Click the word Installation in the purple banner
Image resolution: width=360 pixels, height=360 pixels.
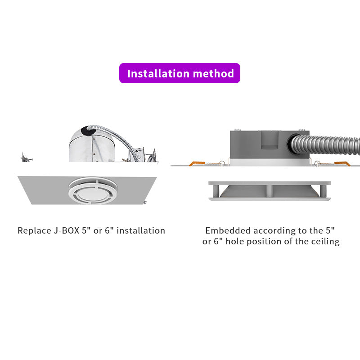coord(158,73)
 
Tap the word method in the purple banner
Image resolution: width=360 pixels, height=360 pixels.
coord(213,73)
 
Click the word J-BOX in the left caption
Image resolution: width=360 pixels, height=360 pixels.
coord(67,230)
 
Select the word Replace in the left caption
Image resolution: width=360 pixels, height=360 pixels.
coord(34,231)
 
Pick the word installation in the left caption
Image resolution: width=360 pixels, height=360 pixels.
coord(141,230)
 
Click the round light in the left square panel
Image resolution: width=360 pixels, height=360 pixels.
coord(93,190)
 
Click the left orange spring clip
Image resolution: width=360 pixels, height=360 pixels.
coord(197,163)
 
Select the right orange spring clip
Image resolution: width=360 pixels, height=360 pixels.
coord(342,163)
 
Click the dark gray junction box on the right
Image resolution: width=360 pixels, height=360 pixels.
coord(270,144)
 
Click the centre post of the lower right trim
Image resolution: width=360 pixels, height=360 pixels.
coord(269,190)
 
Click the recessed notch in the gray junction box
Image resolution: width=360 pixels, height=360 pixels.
coord(270,140)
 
